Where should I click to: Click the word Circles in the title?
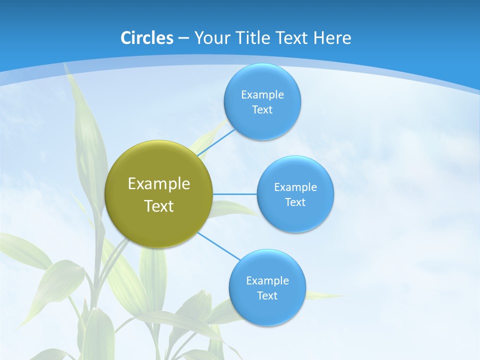point(146,38)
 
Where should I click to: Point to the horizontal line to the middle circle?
point(235,194)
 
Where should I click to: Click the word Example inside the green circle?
point(159,184)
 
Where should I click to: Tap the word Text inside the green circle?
point(159,206)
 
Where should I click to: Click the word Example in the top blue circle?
point(262,95)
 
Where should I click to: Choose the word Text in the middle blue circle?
point(295,202)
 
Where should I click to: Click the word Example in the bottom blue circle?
point(267,281)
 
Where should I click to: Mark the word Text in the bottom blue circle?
point(267,296)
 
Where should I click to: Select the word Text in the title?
point(290,38)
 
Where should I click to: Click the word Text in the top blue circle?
point(262,110)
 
